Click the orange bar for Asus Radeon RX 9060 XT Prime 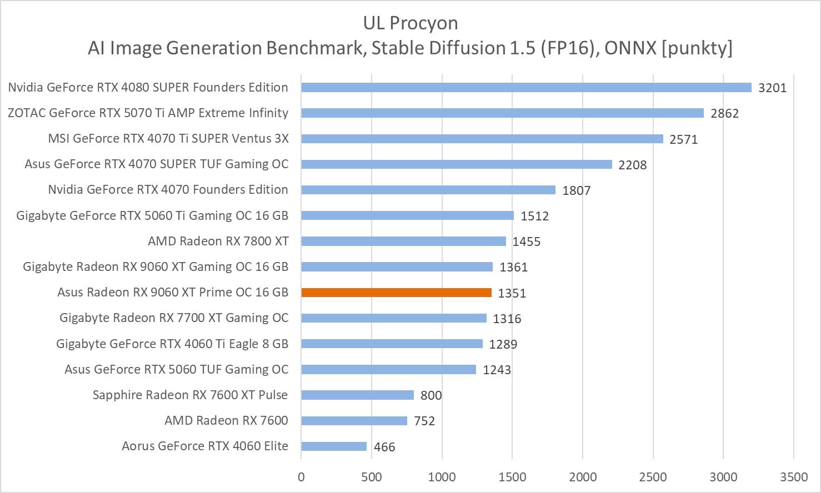[396, 293]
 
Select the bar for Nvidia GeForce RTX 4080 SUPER [526, 87]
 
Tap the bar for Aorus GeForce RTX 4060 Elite [334, 446]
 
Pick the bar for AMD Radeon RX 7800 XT [403, 241]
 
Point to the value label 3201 [772, 88]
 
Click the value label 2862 [724, 113]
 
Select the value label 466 [384, 447]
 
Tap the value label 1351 [512, 293]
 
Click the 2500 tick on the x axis [653, 477]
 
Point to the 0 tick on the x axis [301, 477]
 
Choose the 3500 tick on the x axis [794, 477]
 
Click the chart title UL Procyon [410, 23]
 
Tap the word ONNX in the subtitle [630, 48]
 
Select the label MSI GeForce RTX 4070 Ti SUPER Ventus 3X [168, 138]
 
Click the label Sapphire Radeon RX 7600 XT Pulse [190, 395]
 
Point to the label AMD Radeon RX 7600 [226, 420]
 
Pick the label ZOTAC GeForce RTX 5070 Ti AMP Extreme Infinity [148, 113]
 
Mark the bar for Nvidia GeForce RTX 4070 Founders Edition [428, 190]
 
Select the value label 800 [431, 395]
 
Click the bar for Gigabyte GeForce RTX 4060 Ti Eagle [392, 344]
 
